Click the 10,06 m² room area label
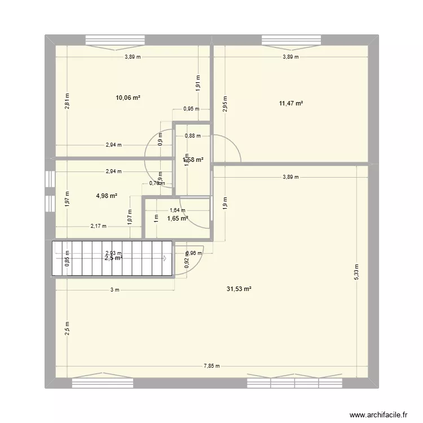[128, 98]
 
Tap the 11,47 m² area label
[291, 103]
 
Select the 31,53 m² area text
[239, 289]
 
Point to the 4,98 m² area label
[106, 196]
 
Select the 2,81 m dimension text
[67, 101]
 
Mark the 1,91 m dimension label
[198, 82]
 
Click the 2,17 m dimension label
[98, 226]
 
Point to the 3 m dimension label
[115, 290]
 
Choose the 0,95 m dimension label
[191, 109]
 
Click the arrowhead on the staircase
[165, 258]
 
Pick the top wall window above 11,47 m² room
[291, 40]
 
